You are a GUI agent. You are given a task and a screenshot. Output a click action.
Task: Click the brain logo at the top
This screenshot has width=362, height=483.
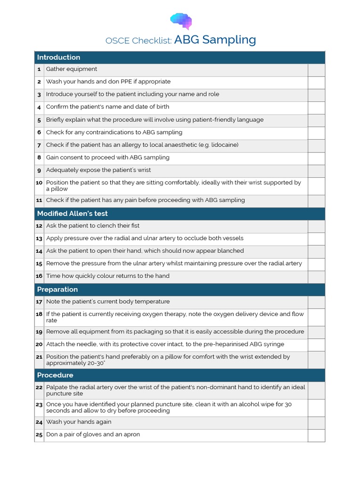(x=181, y=21)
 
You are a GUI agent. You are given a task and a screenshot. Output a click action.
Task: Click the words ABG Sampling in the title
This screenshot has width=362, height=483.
(x=215, y=40)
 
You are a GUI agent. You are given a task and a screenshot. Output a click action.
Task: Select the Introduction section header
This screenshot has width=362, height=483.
(x=58, y=58)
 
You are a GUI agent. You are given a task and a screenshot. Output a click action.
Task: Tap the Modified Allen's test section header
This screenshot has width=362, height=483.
(x=72, y=214)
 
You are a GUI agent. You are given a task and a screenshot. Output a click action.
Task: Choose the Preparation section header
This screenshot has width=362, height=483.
(x=57, y=290)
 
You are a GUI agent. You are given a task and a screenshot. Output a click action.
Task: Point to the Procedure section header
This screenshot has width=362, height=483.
(x=55, y=375)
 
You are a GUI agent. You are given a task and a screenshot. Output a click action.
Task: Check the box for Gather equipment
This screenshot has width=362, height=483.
(x=316, y=70)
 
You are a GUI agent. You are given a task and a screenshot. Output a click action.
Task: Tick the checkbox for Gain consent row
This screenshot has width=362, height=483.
(x=316, y=158)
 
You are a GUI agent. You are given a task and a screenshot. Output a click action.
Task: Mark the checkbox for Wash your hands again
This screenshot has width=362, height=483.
(x=316, y=423)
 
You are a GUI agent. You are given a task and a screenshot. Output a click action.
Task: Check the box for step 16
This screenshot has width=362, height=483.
(x=316, y=276)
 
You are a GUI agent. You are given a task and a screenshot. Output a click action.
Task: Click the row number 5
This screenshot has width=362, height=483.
(x=39, y=120)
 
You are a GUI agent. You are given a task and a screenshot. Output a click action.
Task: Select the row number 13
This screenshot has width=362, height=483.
(x=39, y=239)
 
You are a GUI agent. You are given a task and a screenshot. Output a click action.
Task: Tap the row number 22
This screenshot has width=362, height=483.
(x=39, y=388)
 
